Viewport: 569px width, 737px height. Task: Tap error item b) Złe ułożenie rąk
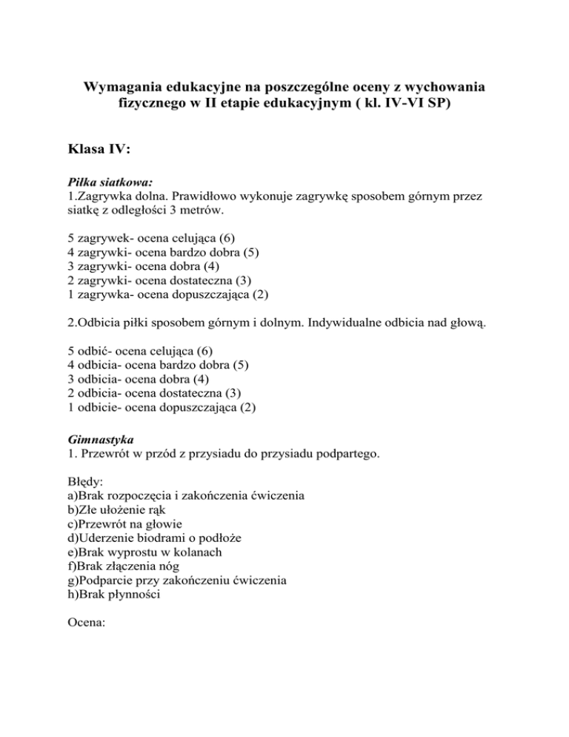click(121, 509)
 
